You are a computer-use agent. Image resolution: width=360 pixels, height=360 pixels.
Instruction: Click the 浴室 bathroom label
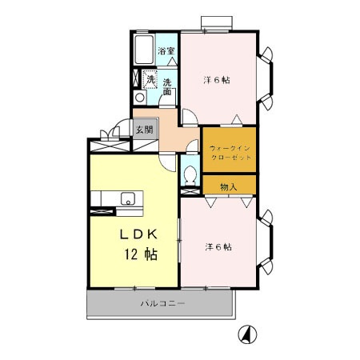click(166, 50)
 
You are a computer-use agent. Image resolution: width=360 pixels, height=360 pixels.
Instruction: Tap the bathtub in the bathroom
click(144, 50)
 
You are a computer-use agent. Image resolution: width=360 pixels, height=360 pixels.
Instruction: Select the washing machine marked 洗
click(150, 79)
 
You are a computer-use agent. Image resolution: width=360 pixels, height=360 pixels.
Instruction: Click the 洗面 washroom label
click(167, 87)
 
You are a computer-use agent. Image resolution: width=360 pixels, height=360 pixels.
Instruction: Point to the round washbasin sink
click(139, 97)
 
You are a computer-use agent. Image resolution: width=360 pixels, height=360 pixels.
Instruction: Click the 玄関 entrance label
click(145, 130)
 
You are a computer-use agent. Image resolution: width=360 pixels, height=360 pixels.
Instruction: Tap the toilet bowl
click(190, 175)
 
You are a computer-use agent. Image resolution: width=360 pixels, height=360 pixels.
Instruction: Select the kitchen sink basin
click(128, 198)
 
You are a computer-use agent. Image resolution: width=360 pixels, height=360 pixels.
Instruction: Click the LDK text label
click(138, 234)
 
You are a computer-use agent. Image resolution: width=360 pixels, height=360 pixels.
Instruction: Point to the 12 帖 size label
click(141, 254)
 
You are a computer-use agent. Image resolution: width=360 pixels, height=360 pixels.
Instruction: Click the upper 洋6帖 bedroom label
click(217, 80)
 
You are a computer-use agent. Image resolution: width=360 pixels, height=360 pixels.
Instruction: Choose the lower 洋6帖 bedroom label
click(218, 247)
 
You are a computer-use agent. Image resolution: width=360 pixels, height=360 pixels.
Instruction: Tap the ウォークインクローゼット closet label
click(230, 153)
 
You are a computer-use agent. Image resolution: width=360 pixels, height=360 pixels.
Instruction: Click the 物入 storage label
click(229, 187)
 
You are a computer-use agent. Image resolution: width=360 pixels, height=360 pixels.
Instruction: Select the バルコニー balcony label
click(162, 303)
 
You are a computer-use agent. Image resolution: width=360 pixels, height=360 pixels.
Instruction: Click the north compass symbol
click(247, 334)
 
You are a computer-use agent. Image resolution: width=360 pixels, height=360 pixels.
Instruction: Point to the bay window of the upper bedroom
click(266, 78)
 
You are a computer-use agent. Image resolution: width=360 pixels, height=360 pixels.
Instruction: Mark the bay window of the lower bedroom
click(266, 242)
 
